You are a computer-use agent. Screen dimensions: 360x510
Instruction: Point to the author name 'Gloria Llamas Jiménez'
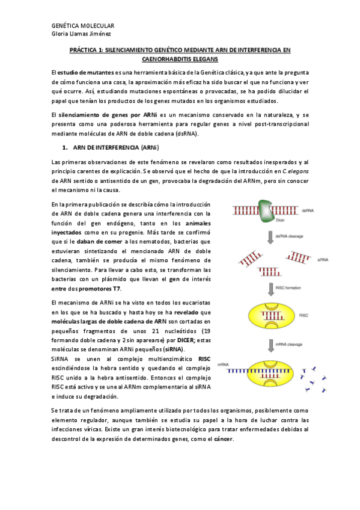tap(82, 34)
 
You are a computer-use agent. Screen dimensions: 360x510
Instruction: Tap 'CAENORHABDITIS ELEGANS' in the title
tap(180, 60)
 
